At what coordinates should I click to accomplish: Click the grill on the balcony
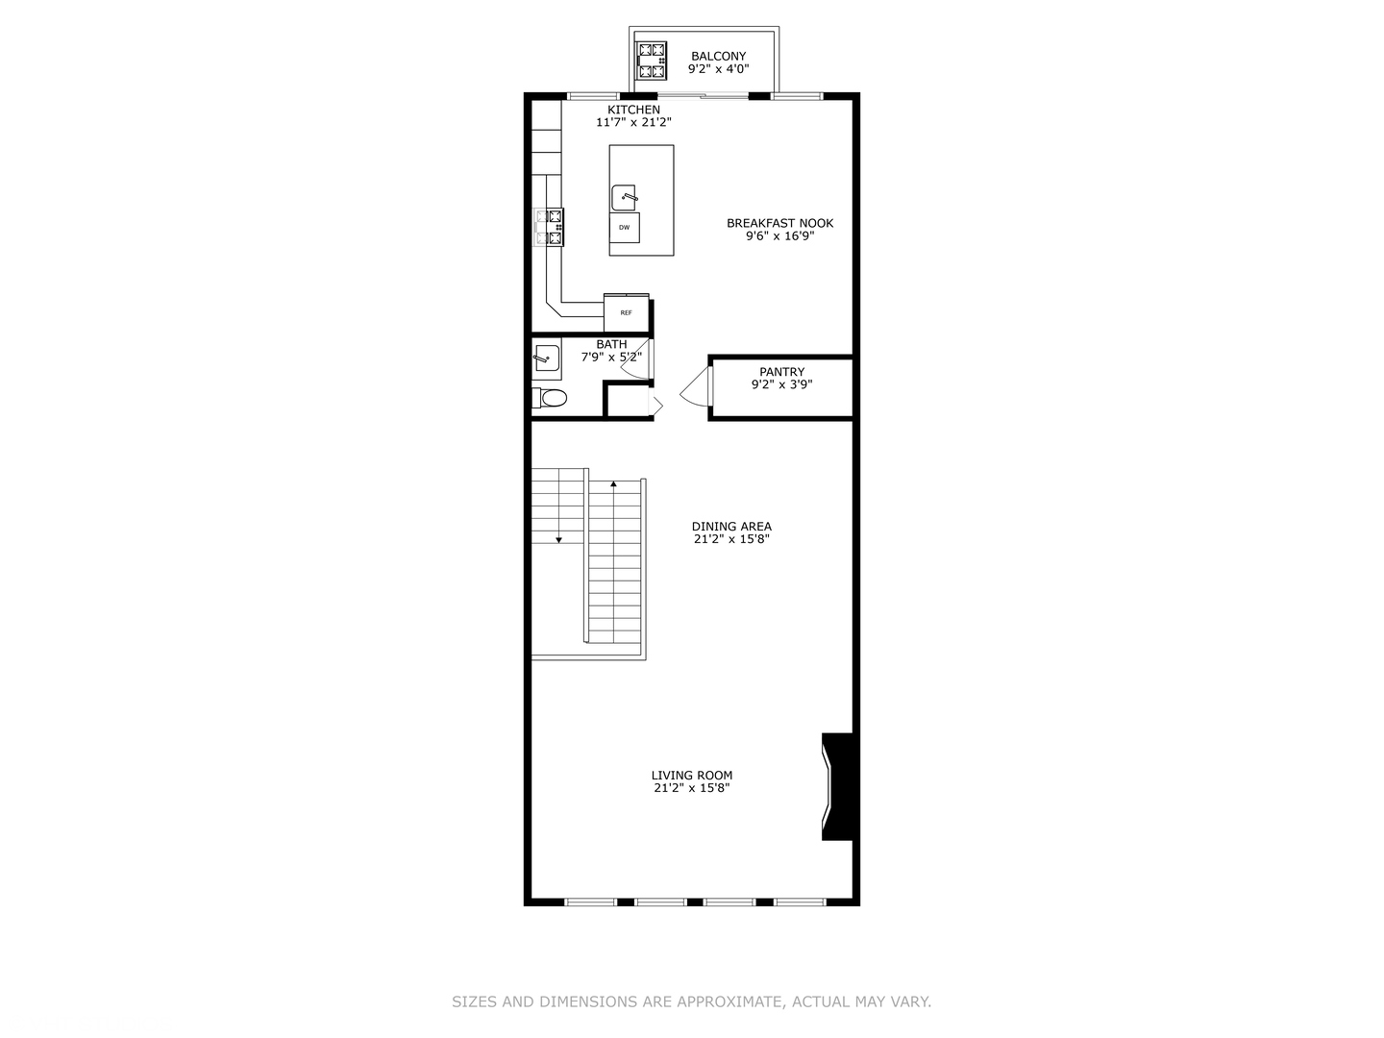point(652,61)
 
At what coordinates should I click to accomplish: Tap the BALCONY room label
point(718,56)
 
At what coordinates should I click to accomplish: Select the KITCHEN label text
point(633,110)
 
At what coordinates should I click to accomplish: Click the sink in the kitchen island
point(624,198)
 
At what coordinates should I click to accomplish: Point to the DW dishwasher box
point(624,228)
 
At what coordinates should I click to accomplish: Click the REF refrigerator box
point(626,312)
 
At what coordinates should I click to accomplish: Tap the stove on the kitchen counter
point(549,227)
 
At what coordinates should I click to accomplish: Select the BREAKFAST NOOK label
point(780,223)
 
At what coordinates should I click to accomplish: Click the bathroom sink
point(547,359)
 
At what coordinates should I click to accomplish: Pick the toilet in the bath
point(550,398)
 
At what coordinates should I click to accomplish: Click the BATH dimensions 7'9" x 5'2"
point(611,358)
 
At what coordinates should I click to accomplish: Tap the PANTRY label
point(781,372)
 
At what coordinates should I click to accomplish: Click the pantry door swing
point(696,386)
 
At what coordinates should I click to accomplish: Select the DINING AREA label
point(731,527)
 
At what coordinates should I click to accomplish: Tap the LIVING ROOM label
point(692,776)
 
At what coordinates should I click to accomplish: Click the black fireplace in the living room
point(839,786)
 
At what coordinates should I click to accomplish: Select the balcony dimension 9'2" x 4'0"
point(718,69)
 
